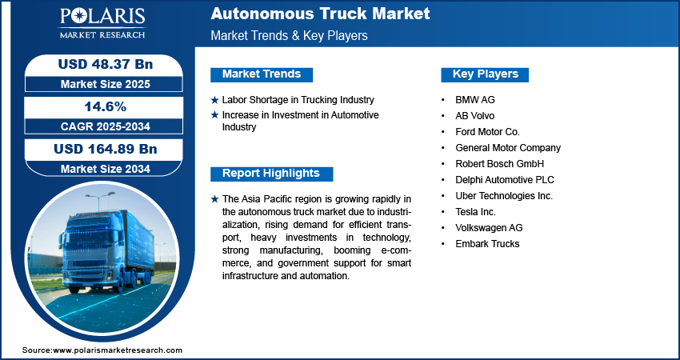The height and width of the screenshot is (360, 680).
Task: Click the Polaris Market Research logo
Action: tap(102, 23)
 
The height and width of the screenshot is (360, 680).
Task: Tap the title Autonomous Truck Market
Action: tap(320, 14)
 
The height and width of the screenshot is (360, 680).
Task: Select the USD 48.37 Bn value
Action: tap(106, 64)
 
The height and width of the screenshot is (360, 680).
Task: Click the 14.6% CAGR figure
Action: tap(106, 106)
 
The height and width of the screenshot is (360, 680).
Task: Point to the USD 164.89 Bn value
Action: tap(106, 150)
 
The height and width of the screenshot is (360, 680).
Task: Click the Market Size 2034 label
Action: tap(106, 169)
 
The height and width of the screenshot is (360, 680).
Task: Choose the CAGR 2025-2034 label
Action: tap(106, 126)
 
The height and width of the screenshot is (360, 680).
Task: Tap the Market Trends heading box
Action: tap(262, 74)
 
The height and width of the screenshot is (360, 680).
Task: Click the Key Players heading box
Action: tap(485, 74)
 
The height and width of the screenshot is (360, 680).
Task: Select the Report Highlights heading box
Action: tap(271, 174)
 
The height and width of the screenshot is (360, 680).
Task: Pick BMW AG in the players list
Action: tap(475, 100)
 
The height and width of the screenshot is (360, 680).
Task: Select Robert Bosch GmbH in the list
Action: tap(499, 164)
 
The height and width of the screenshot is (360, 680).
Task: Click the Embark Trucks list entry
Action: tap(487, 244)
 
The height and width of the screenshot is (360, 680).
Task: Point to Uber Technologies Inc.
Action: tap(504, 196)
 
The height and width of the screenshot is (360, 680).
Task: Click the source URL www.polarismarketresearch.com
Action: tap(118, 350)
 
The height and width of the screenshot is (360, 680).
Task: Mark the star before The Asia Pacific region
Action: tap(214, 199)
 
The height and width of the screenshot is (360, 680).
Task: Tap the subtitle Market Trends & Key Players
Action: tap(289, 35)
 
